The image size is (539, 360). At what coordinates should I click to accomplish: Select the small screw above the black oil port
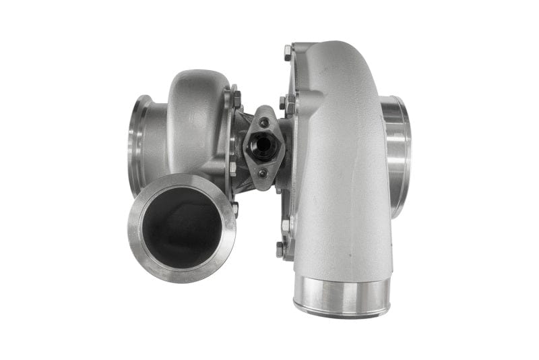click(263, 122)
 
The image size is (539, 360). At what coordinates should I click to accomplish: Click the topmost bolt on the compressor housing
click(288, 51)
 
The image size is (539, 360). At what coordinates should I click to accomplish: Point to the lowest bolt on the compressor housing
click(280, 250)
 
